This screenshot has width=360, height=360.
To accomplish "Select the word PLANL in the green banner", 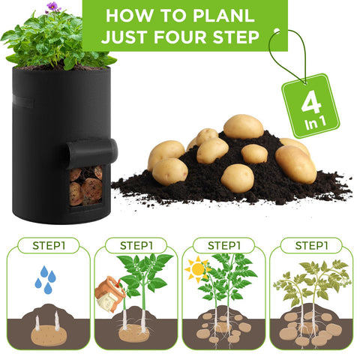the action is [223, 16].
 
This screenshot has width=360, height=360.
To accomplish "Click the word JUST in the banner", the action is [124, 37].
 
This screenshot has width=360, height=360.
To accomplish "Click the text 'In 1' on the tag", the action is [316, 123].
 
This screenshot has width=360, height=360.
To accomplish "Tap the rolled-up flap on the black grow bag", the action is [92, 151].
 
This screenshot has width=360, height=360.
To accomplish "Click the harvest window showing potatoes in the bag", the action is [85, 185].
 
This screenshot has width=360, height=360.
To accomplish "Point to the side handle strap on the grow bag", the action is [22, 101].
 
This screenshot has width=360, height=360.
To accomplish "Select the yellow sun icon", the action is [197, 269].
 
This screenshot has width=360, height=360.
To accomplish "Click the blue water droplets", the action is [46, 280].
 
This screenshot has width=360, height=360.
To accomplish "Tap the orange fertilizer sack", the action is [110, 294].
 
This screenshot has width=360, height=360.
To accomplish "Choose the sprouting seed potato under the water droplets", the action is [49, 334].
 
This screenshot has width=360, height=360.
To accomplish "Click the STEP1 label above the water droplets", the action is [49, 245].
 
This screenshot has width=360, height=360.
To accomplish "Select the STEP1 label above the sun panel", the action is [224, 245].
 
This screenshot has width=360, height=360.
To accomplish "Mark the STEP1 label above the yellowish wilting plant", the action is [311, 245].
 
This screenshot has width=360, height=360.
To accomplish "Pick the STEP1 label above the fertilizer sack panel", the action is [136, 245].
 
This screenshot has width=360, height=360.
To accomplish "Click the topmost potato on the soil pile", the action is [243, 127].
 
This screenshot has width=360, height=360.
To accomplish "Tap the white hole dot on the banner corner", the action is [277, 31].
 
